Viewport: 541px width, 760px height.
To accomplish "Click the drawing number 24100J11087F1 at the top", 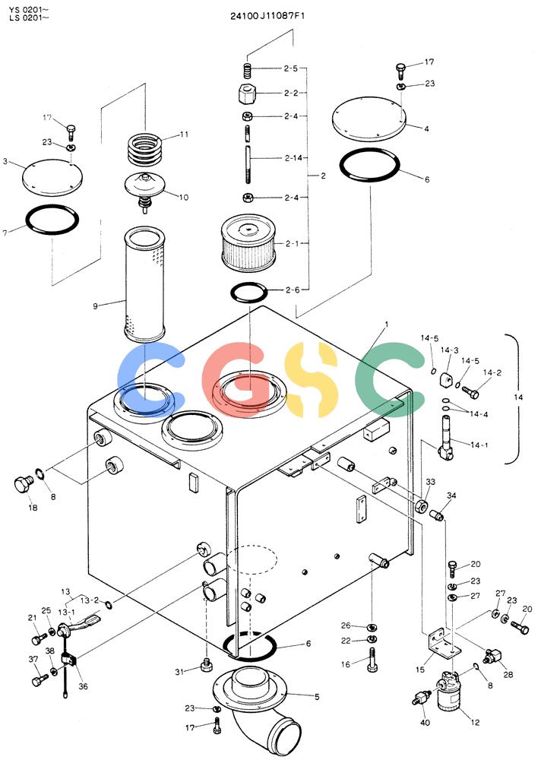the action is coord(267,16).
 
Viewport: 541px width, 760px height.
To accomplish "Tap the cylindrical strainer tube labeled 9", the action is coord(144,283).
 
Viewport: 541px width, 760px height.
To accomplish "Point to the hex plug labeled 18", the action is coord(22,485).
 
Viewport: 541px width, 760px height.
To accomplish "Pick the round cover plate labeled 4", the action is coord(369,119).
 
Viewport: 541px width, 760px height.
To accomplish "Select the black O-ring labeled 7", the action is coord(52,220).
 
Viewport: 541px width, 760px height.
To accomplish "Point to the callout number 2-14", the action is coord(294,157).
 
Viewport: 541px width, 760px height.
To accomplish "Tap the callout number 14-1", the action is coord(479,445).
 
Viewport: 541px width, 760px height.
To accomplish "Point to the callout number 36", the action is coord(84,686).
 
